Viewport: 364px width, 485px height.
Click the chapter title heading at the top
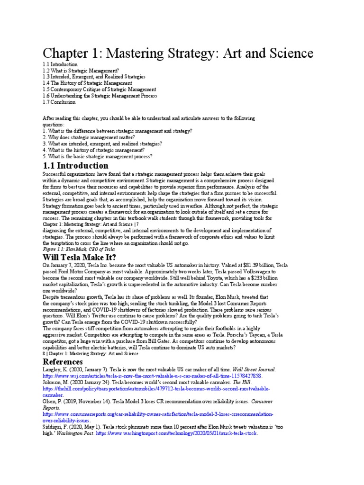[x=178, y=52]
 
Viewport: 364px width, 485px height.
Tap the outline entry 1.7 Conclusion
[x=59, y=101]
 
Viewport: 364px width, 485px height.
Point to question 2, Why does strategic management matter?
[x=89, y=137]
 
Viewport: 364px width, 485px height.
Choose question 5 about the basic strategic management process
[x=97, y=156]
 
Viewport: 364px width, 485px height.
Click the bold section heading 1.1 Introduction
[x=75, y=166]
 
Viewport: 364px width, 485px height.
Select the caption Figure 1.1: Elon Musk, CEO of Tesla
[x=79, y=249]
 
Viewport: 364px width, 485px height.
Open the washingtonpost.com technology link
[x=176, y=433]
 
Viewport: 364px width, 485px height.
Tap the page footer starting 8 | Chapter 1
[x=90, y=353]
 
